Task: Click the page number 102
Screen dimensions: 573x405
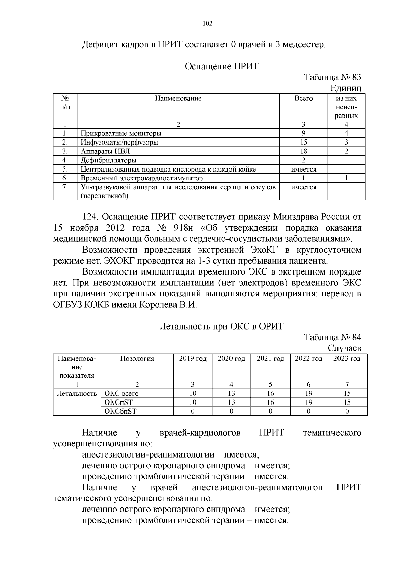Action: tap(207, 23)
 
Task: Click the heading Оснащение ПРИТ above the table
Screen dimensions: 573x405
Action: tap(221, 66)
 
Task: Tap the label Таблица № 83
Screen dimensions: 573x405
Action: tap(332, 77)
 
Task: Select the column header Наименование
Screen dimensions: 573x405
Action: tap(178, 98)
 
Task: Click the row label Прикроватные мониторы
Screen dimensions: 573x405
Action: tap(121, 133)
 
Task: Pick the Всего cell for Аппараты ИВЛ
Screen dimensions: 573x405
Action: tap(304, 151)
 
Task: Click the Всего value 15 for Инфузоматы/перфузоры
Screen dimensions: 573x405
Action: tap(304, 142)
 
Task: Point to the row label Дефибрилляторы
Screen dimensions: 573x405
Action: tap(108, 160)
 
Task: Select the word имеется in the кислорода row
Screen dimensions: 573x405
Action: tap(304, 170)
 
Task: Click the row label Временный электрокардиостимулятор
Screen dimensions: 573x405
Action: tap(142, 178)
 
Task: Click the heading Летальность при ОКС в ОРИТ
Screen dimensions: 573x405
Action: tap(221, 326)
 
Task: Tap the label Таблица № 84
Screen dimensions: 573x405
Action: tap(332, 337)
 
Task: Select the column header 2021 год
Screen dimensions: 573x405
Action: tap(270, 359)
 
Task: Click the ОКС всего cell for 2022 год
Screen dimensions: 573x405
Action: tap(308, 393)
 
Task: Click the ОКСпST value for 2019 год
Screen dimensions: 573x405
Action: tap(193, 402)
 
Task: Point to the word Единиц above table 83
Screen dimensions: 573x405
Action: tap(346, 88)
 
